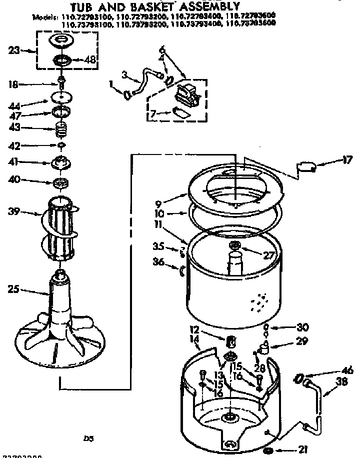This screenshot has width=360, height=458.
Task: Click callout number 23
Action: tap(15, 50)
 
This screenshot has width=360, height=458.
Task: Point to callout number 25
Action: tap(14, 288)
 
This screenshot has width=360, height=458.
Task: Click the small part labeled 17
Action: tap(305, 167)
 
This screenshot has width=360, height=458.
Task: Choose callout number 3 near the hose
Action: tap(124, 75)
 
